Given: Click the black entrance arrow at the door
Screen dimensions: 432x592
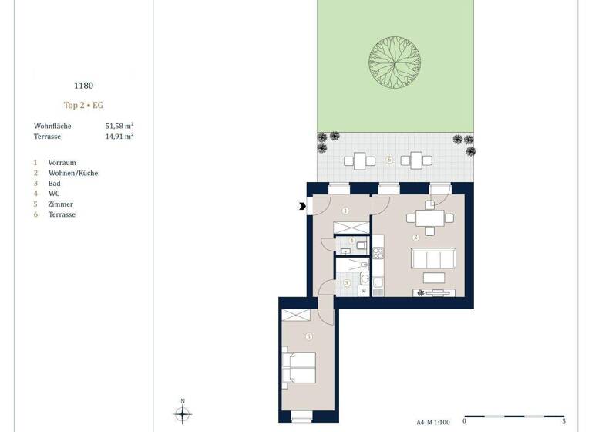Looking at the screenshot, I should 301,205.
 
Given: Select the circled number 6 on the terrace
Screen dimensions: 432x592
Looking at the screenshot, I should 390,160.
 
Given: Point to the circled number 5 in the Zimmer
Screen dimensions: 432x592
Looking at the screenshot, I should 309,336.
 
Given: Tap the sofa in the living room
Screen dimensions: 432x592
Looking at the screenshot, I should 433,258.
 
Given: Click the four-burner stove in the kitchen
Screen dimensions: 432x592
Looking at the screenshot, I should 378,252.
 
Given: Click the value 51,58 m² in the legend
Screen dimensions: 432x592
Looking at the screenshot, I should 119,125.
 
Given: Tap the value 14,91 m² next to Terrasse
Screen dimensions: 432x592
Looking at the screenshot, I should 119,136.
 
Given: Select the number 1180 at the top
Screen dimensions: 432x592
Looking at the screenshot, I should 82,86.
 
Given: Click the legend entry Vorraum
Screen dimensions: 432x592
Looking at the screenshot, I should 62,163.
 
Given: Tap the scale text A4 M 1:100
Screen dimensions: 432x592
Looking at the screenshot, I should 434,422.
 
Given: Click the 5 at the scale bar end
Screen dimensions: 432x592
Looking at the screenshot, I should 563,422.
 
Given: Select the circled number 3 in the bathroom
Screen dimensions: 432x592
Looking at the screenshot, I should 347,283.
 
